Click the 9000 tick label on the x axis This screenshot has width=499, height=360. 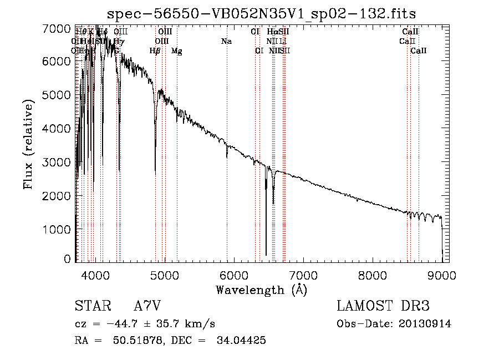[442, 274]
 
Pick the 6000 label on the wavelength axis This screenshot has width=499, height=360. [234, 274]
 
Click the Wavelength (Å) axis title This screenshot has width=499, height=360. [261, 290]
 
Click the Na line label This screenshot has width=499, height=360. [226, 41]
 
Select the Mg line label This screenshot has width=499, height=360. [176, 51]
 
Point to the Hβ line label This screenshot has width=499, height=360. [155, 51]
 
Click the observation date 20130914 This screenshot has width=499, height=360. [426, 323]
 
